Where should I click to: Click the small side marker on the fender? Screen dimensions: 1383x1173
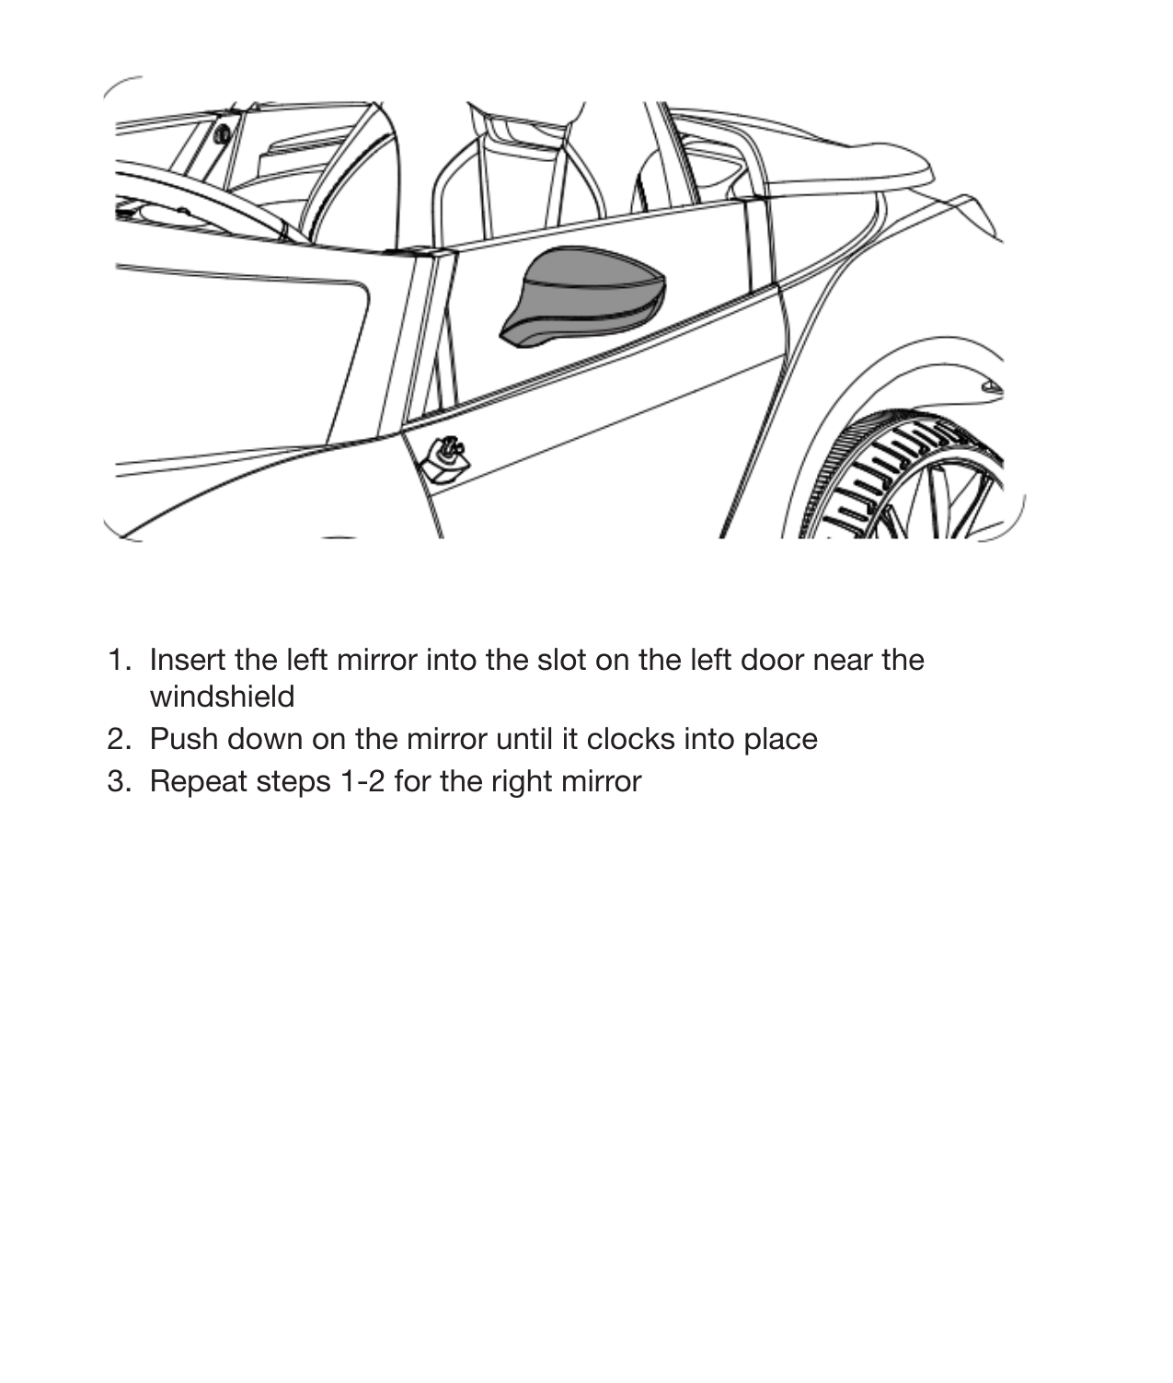coord(990,386)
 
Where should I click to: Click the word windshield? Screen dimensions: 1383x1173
coord(222,697)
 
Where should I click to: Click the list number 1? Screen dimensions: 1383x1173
coord(117,660)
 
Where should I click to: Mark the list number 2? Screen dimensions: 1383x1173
coord(117,739)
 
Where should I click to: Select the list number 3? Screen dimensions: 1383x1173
coord(117,781)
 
